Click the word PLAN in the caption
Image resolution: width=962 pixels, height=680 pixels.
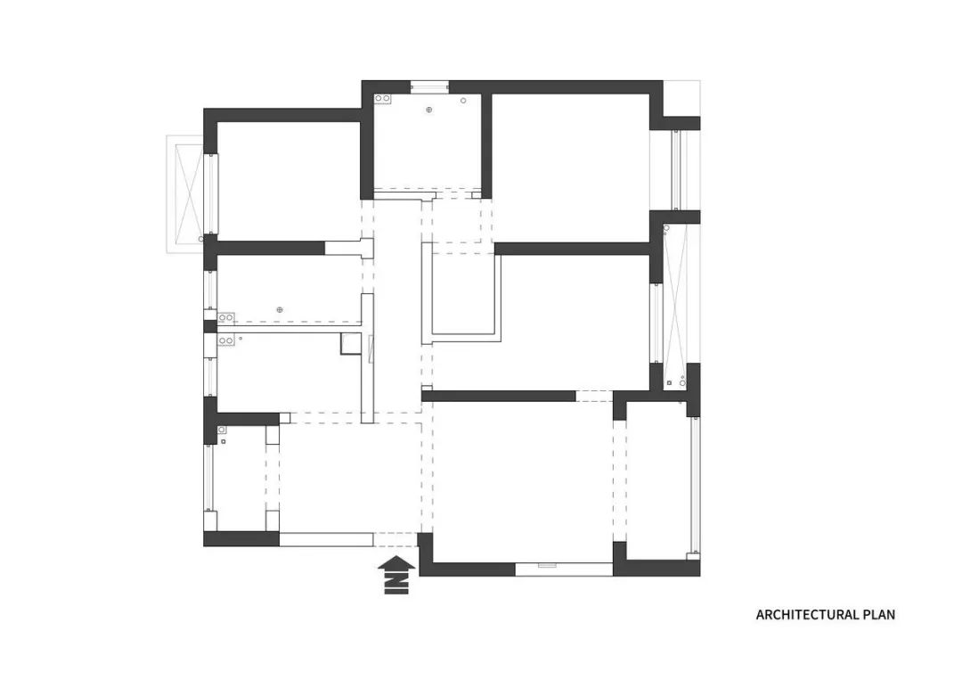pyautogui.click(x=879, y=614)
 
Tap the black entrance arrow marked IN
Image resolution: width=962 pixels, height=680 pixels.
pyautogui.click(x=396, y=575)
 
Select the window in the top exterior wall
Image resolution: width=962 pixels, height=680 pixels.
pyautogui.click(x=428, y=86)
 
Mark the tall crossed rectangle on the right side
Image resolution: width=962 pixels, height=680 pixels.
pyautogui.click(x=675, y=305)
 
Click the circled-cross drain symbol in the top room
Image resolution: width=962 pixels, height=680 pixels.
pyautogui.click(x=429, y=110)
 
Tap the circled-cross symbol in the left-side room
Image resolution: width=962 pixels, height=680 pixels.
pyautogui.click(x=280, y=310)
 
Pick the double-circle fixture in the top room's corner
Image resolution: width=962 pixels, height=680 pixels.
pyautogui.click(x=383, y=98)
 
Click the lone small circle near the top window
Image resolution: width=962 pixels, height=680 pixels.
pyautogui.click(x=463, y=100)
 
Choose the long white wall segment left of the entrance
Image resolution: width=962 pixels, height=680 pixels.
pyautogui.click(x=326, y=539)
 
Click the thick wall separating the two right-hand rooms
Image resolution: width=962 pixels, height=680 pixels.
pyautogui.click(x=573, y=249)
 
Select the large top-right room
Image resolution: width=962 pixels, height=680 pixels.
pyautogui.click(x=571, y=168)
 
